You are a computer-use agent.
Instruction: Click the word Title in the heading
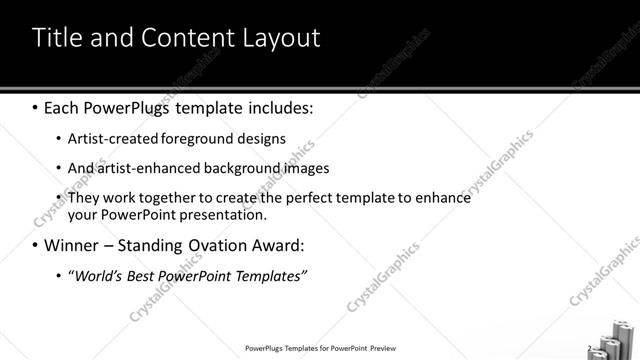click(x=56, y=38)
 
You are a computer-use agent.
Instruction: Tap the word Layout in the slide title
click(x=283, y=38)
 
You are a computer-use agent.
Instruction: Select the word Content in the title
click(x=191, y=38)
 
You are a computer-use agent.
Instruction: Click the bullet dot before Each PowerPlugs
click(x=36, y=106)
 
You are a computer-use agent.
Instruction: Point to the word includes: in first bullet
click(x=276, y=106)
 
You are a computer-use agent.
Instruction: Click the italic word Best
click(x=145, y=275)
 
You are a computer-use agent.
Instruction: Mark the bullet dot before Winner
click(x=36, y=245)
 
